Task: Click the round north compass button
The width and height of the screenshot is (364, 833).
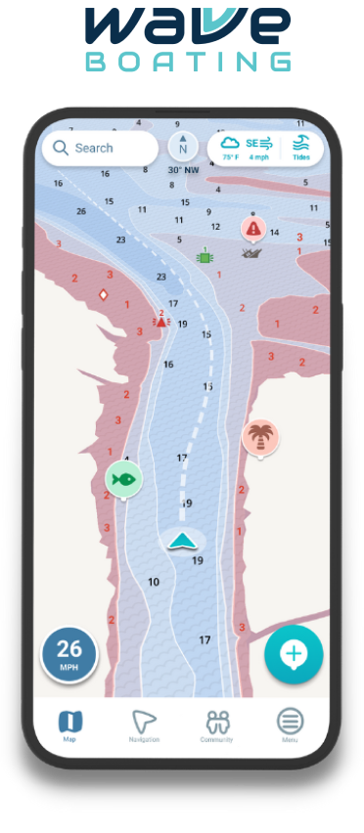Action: (x=183, y=147)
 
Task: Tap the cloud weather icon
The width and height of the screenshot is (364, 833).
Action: (x=230, y=143)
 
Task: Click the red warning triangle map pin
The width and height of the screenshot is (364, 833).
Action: (x=253, y=228)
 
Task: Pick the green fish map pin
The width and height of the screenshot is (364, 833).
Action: (x=123, y=479)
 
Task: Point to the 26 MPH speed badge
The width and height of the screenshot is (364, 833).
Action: (x=68, y=654)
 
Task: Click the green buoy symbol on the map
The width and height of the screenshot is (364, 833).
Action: (x=205, y=257)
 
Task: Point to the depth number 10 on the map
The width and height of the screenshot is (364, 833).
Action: (x=154, y=583)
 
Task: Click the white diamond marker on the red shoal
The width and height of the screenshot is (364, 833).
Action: (x=103, y=294)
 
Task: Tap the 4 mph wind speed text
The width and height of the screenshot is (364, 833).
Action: (x=258, y=156)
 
